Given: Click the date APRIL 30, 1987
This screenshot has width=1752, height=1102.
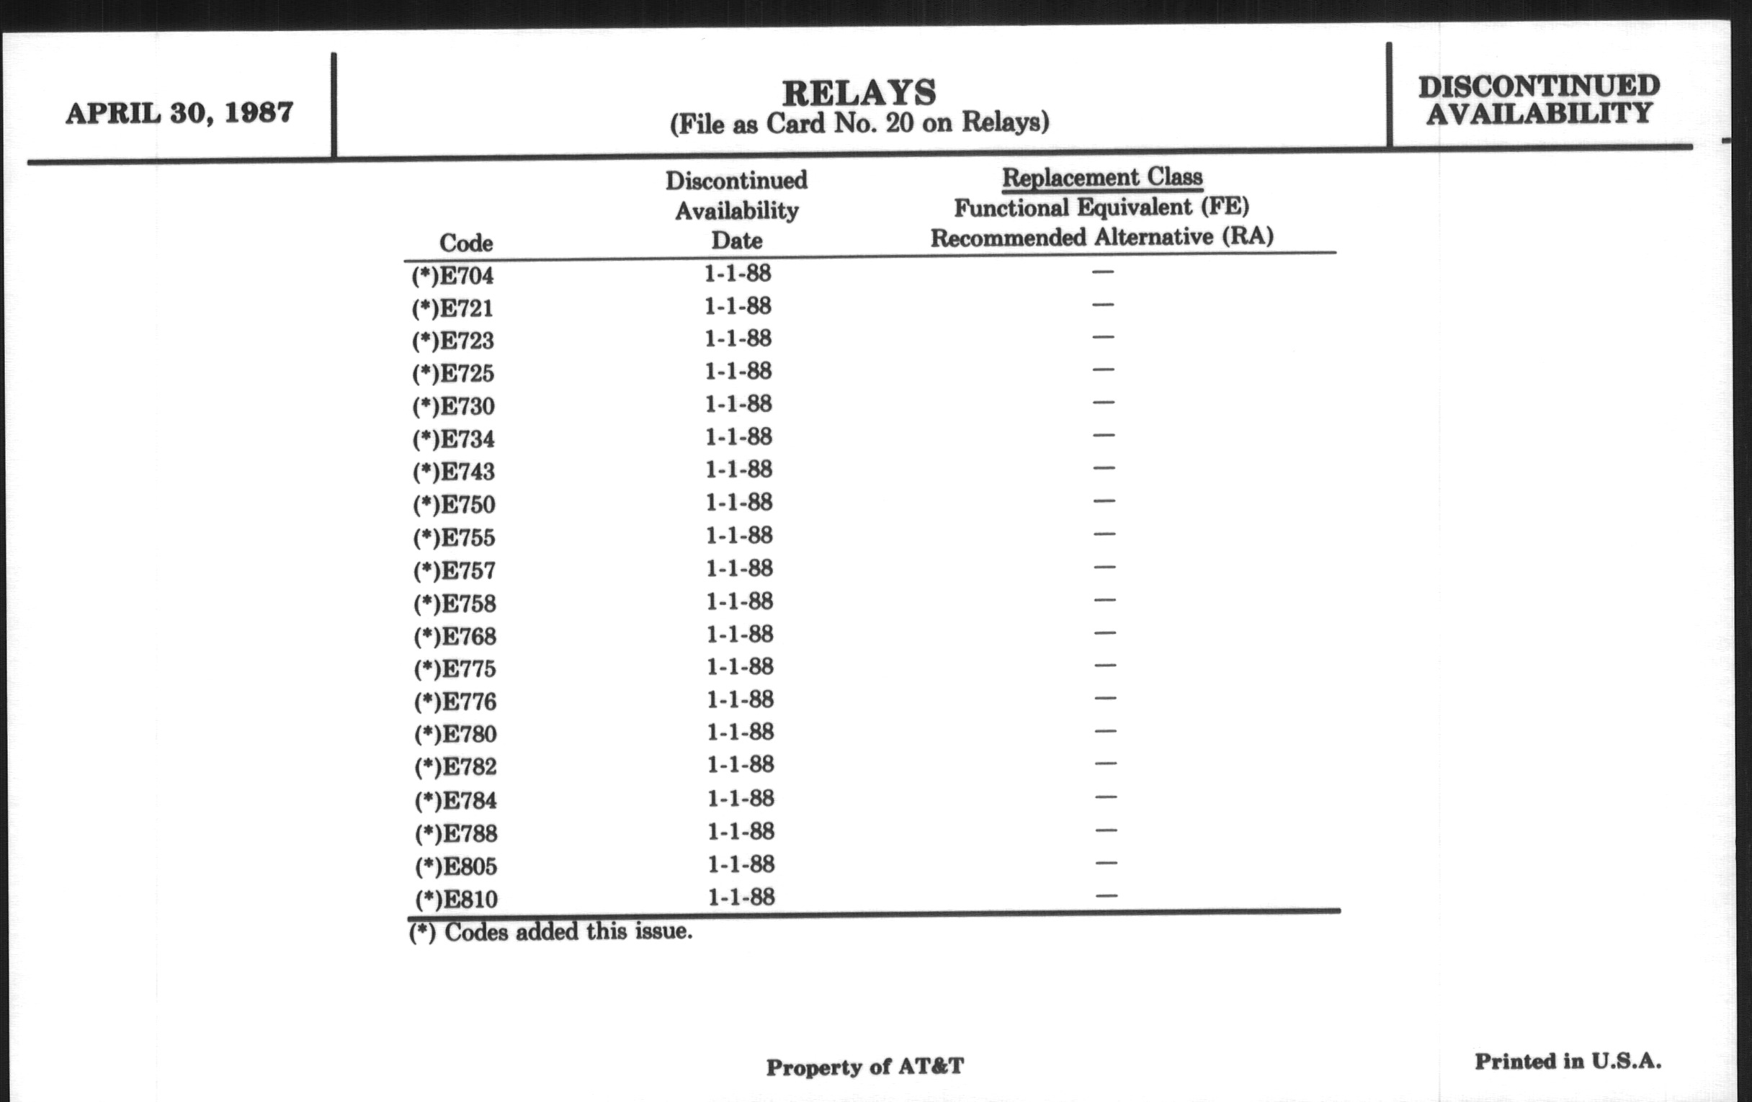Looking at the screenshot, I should click(179, 113).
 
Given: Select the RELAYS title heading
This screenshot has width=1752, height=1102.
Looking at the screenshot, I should click(859, 92).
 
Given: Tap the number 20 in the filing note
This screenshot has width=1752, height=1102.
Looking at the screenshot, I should click(898, 122).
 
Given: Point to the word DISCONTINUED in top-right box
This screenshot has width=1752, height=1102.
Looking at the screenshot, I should click(1539, 86).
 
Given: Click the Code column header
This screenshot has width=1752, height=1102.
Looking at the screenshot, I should click(465, 242).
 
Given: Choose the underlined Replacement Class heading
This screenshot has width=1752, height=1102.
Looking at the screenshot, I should click(1101, 176).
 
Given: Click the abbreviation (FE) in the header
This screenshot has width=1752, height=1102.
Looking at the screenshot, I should click(1225, 207).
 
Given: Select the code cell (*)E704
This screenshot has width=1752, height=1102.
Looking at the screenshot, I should click(452, 276).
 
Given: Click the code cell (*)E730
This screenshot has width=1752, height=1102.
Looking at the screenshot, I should click(453, 406).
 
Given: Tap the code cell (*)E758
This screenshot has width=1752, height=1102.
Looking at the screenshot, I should click(455, 604).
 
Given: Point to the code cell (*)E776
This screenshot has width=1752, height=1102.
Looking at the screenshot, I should click(455, 702).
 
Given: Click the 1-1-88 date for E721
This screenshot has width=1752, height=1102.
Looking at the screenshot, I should click(737, 306).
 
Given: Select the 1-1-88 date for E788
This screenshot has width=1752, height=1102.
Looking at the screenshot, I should click(741, 831).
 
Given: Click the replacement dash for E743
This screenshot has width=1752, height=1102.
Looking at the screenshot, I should click(1103, 467).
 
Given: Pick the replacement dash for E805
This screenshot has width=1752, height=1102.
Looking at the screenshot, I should click(1105, 864).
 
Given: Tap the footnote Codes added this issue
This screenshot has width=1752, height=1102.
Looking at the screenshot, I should click(551, 932).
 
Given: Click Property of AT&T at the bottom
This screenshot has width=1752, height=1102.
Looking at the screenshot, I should click(864, 1067).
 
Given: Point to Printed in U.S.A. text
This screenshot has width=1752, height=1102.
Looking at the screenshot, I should click(1568, 1061).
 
